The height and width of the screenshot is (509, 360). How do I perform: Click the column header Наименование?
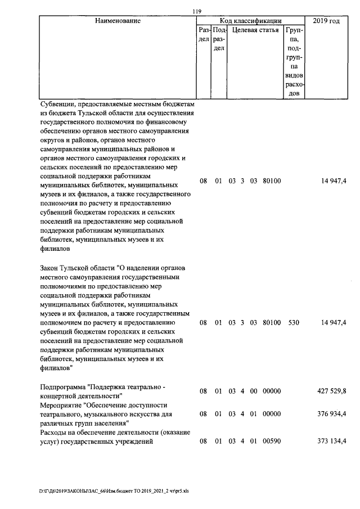point(118,21)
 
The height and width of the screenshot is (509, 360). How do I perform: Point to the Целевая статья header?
point(255,30)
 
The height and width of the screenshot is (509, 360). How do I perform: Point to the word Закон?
point(52,268)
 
